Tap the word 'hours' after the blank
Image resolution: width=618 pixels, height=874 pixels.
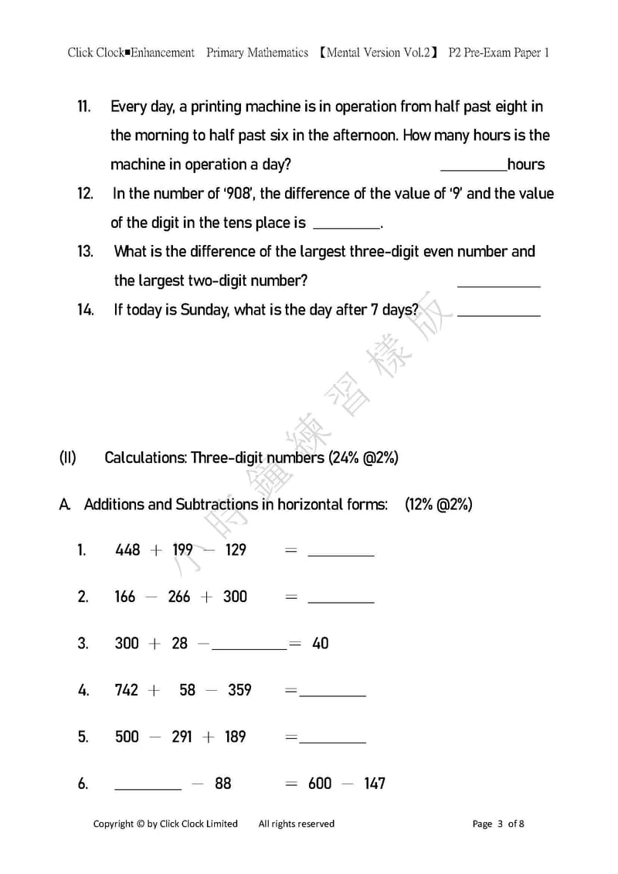pyautogui.click(x=526, y=165)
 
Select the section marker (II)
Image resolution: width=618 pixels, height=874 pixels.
pyautogui.click(x=67, y=457)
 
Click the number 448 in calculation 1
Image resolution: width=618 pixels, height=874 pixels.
pyautogui.click(x=127, y=550)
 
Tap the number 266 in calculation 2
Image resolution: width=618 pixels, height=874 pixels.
pyautogui.click(x=178, y=597)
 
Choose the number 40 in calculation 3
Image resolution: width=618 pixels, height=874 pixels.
pyautogui.click(x=320, y=643)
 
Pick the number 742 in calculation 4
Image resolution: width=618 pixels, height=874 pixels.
pyautogui.click(x=127, y=690)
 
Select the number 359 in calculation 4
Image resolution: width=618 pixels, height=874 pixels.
pyautogui.click(x=239, y=690)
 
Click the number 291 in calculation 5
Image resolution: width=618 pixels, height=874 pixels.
pyautogui.click(x=182, y=736)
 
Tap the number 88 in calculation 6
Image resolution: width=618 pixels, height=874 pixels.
pyautogui.click(x=222, y=784)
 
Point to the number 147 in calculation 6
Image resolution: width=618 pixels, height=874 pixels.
pyautogui.click(x=374, y=784)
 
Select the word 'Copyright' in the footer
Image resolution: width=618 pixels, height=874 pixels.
pyautogui.click(x=114, y=824)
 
